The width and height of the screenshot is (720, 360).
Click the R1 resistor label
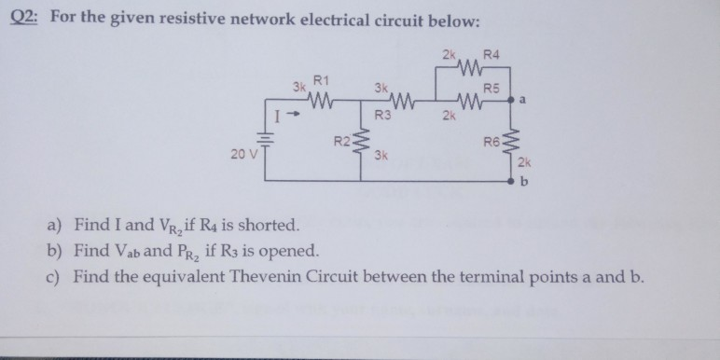click(x=320, y=81)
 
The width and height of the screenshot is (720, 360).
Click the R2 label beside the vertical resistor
click(x=342, y=142)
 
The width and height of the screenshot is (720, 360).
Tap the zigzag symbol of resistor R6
click(x=510, y=142)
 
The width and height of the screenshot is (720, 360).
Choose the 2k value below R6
click(x=524, y=163)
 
